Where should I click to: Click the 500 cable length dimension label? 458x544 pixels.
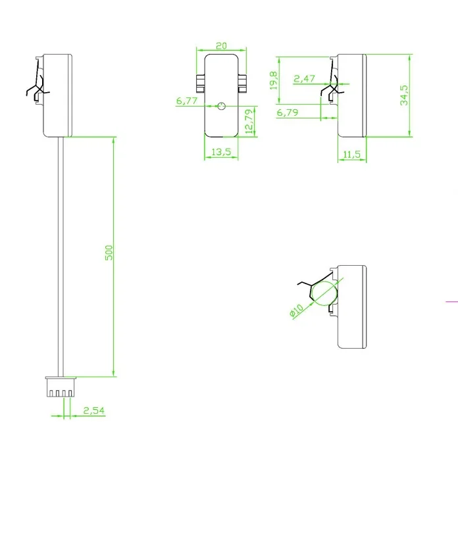[x=109, y=253]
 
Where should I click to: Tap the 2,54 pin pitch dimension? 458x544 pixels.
[x=93, y=410]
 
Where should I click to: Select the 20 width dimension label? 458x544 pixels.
[x=221, y=46]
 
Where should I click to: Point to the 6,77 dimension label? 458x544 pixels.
[x=187, y=101]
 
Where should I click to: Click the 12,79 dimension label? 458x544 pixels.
[x=249, y=122]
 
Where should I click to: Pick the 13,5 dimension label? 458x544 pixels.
[x=221, y=151]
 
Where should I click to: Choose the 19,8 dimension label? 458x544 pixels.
[x=274, y=80]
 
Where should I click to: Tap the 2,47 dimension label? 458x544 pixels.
[x=304, y=79]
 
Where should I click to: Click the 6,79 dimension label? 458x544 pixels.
[x=288, y=112]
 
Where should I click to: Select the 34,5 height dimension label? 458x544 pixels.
[x=404, y=95]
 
